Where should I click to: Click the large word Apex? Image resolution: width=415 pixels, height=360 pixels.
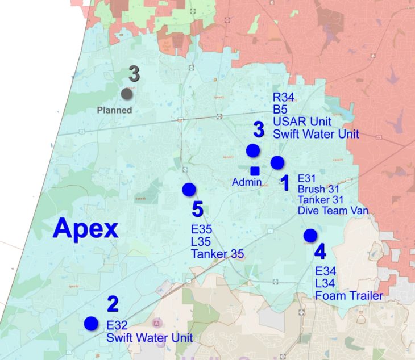pyautogui.click(x=85, y=229)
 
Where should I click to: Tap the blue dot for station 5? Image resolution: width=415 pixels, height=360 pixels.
pyautogui.click(x=189, y=190)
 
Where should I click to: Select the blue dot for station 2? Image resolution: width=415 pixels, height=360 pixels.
pyautogui.click(x=90, y=323)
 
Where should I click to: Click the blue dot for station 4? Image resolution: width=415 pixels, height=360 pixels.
pyautogui.click(x=310, y=235)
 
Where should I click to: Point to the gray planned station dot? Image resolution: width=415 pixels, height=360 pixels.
pyautogui.click(x=127, y=94)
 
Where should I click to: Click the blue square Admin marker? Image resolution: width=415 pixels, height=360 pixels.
pyautogui.click(x=255, y=170)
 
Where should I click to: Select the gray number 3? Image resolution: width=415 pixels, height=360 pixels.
pyautogui.click(x=134, y=74)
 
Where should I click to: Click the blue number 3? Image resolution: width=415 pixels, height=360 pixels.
pyautogui.click(x=259, y=130)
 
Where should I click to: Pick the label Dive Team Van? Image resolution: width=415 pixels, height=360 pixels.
pyautogui.click(x=333, y=210)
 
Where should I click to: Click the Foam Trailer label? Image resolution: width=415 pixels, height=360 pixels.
pyautogui.click(x=348, y=295)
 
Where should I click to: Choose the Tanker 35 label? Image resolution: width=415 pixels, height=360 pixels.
pyautogui.click(x=217, y=253)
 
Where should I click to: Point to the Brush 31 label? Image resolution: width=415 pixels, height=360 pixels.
pyautogui.click(x=319, y=189)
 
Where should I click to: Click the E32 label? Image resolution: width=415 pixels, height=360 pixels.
pyautogui.click(x=118, y=326)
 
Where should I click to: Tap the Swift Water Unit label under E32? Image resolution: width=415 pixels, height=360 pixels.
pyautogui.click(x=150, y=337)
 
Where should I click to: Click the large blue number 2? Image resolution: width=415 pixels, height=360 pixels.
pyautogui.click(x=112, y=305)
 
